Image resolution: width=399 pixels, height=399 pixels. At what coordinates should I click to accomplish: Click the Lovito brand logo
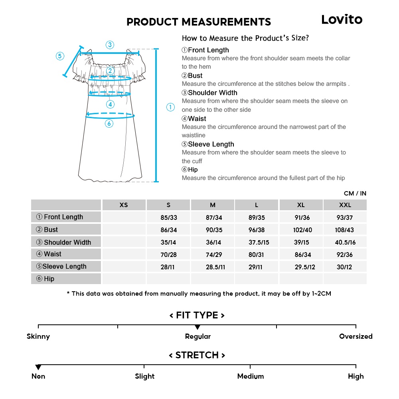point(342,20)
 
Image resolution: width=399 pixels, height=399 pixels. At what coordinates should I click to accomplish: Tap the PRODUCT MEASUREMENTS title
point(198,22)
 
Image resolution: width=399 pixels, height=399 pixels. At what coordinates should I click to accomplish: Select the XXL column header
point(345,205)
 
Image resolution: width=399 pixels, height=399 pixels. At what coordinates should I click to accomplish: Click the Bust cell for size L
point(257,230)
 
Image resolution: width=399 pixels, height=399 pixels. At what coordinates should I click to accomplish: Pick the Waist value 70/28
point(168,255)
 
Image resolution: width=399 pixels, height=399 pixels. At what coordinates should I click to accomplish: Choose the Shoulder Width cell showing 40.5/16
point(345,243)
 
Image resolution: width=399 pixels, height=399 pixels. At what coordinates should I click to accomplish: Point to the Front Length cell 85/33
point(168,218)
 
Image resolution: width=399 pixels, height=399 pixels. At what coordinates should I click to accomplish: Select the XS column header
point(124,205)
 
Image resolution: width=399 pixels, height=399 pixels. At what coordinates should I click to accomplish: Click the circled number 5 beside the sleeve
point(60,56)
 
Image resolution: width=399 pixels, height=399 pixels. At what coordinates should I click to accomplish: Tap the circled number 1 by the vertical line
point(170,107)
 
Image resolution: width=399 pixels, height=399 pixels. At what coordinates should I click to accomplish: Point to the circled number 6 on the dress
point(109,124)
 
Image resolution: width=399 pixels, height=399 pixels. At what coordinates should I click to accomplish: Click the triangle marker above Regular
point(198,328)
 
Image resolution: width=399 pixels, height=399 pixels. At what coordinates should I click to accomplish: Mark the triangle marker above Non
point(38,367)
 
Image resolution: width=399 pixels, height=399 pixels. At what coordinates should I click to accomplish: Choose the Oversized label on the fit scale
point(356,336)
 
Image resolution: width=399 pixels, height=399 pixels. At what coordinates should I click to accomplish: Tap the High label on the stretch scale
point(356,376)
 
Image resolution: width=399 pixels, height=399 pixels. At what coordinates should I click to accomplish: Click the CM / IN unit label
point(355,194)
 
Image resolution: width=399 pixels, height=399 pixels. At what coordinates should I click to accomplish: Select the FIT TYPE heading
point(197,315)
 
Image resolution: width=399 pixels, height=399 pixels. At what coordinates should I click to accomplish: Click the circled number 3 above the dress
point(110,45)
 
